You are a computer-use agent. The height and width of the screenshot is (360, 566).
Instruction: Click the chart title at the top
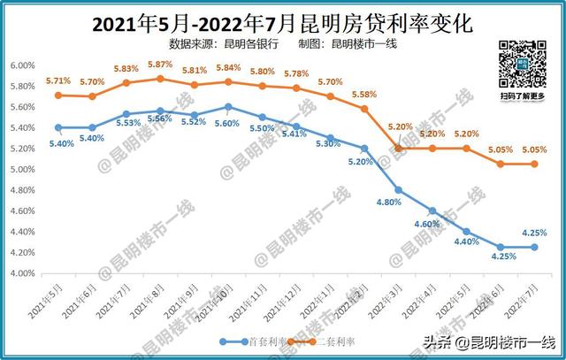point(282,20)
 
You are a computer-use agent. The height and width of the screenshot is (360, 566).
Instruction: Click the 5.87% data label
point(160,65)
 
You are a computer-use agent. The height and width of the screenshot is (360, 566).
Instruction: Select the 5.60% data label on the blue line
point(226,123)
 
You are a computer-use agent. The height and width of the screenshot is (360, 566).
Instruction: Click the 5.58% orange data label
point(363,95)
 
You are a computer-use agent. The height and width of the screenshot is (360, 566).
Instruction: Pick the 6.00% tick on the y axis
point(21,65)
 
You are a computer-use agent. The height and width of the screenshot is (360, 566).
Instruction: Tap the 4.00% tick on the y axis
point(21,273)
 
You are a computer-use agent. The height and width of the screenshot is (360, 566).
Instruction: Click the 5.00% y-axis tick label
point(21,170)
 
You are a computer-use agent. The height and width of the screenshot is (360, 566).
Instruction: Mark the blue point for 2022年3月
point(398,190)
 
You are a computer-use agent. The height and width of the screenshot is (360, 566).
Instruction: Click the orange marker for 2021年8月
point(160,79)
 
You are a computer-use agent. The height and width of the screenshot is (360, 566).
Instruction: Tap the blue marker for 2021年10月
point(228,107)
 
